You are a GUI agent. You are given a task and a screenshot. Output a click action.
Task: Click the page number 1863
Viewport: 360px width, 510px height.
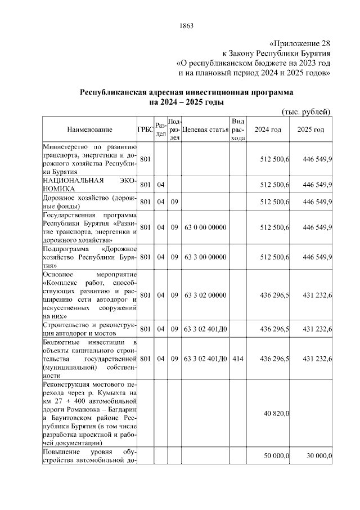(x=186, y=25)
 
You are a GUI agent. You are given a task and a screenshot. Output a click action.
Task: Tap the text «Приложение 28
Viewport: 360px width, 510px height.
(x=300, y=43)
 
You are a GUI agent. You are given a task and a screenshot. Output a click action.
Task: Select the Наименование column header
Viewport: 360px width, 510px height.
(x=89, y=129)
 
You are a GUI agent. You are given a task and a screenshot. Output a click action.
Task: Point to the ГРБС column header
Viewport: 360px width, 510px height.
(x=145, y=129)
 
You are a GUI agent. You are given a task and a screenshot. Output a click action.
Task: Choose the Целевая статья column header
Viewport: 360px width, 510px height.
(x=205, y=129)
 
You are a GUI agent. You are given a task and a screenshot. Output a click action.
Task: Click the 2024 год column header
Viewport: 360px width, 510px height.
(x=268, y=129)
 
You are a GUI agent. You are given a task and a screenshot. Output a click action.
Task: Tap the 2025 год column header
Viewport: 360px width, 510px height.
(x=311, y=129)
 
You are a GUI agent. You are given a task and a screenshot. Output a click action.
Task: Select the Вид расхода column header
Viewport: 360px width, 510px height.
(x=238, y=129)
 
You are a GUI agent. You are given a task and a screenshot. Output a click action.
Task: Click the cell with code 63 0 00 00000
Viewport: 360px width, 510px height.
(x=205, y=227)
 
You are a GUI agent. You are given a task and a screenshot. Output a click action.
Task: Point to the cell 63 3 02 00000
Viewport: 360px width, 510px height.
(x=205, y=295)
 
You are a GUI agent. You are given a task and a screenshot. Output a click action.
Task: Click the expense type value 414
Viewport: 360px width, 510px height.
(x=238, y=359)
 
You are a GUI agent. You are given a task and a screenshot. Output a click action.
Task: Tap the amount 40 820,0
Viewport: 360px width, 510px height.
(x=277, y=414)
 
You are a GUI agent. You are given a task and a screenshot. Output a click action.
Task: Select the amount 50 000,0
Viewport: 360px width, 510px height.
(x=277, y=455)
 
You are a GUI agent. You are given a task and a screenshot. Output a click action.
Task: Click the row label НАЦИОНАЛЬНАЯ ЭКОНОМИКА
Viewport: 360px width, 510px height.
(x=89, y=185)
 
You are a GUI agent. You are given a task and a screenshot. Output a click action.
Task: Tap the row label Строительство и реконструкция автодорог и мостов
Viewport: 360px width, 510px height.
(x=89, y=329)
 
